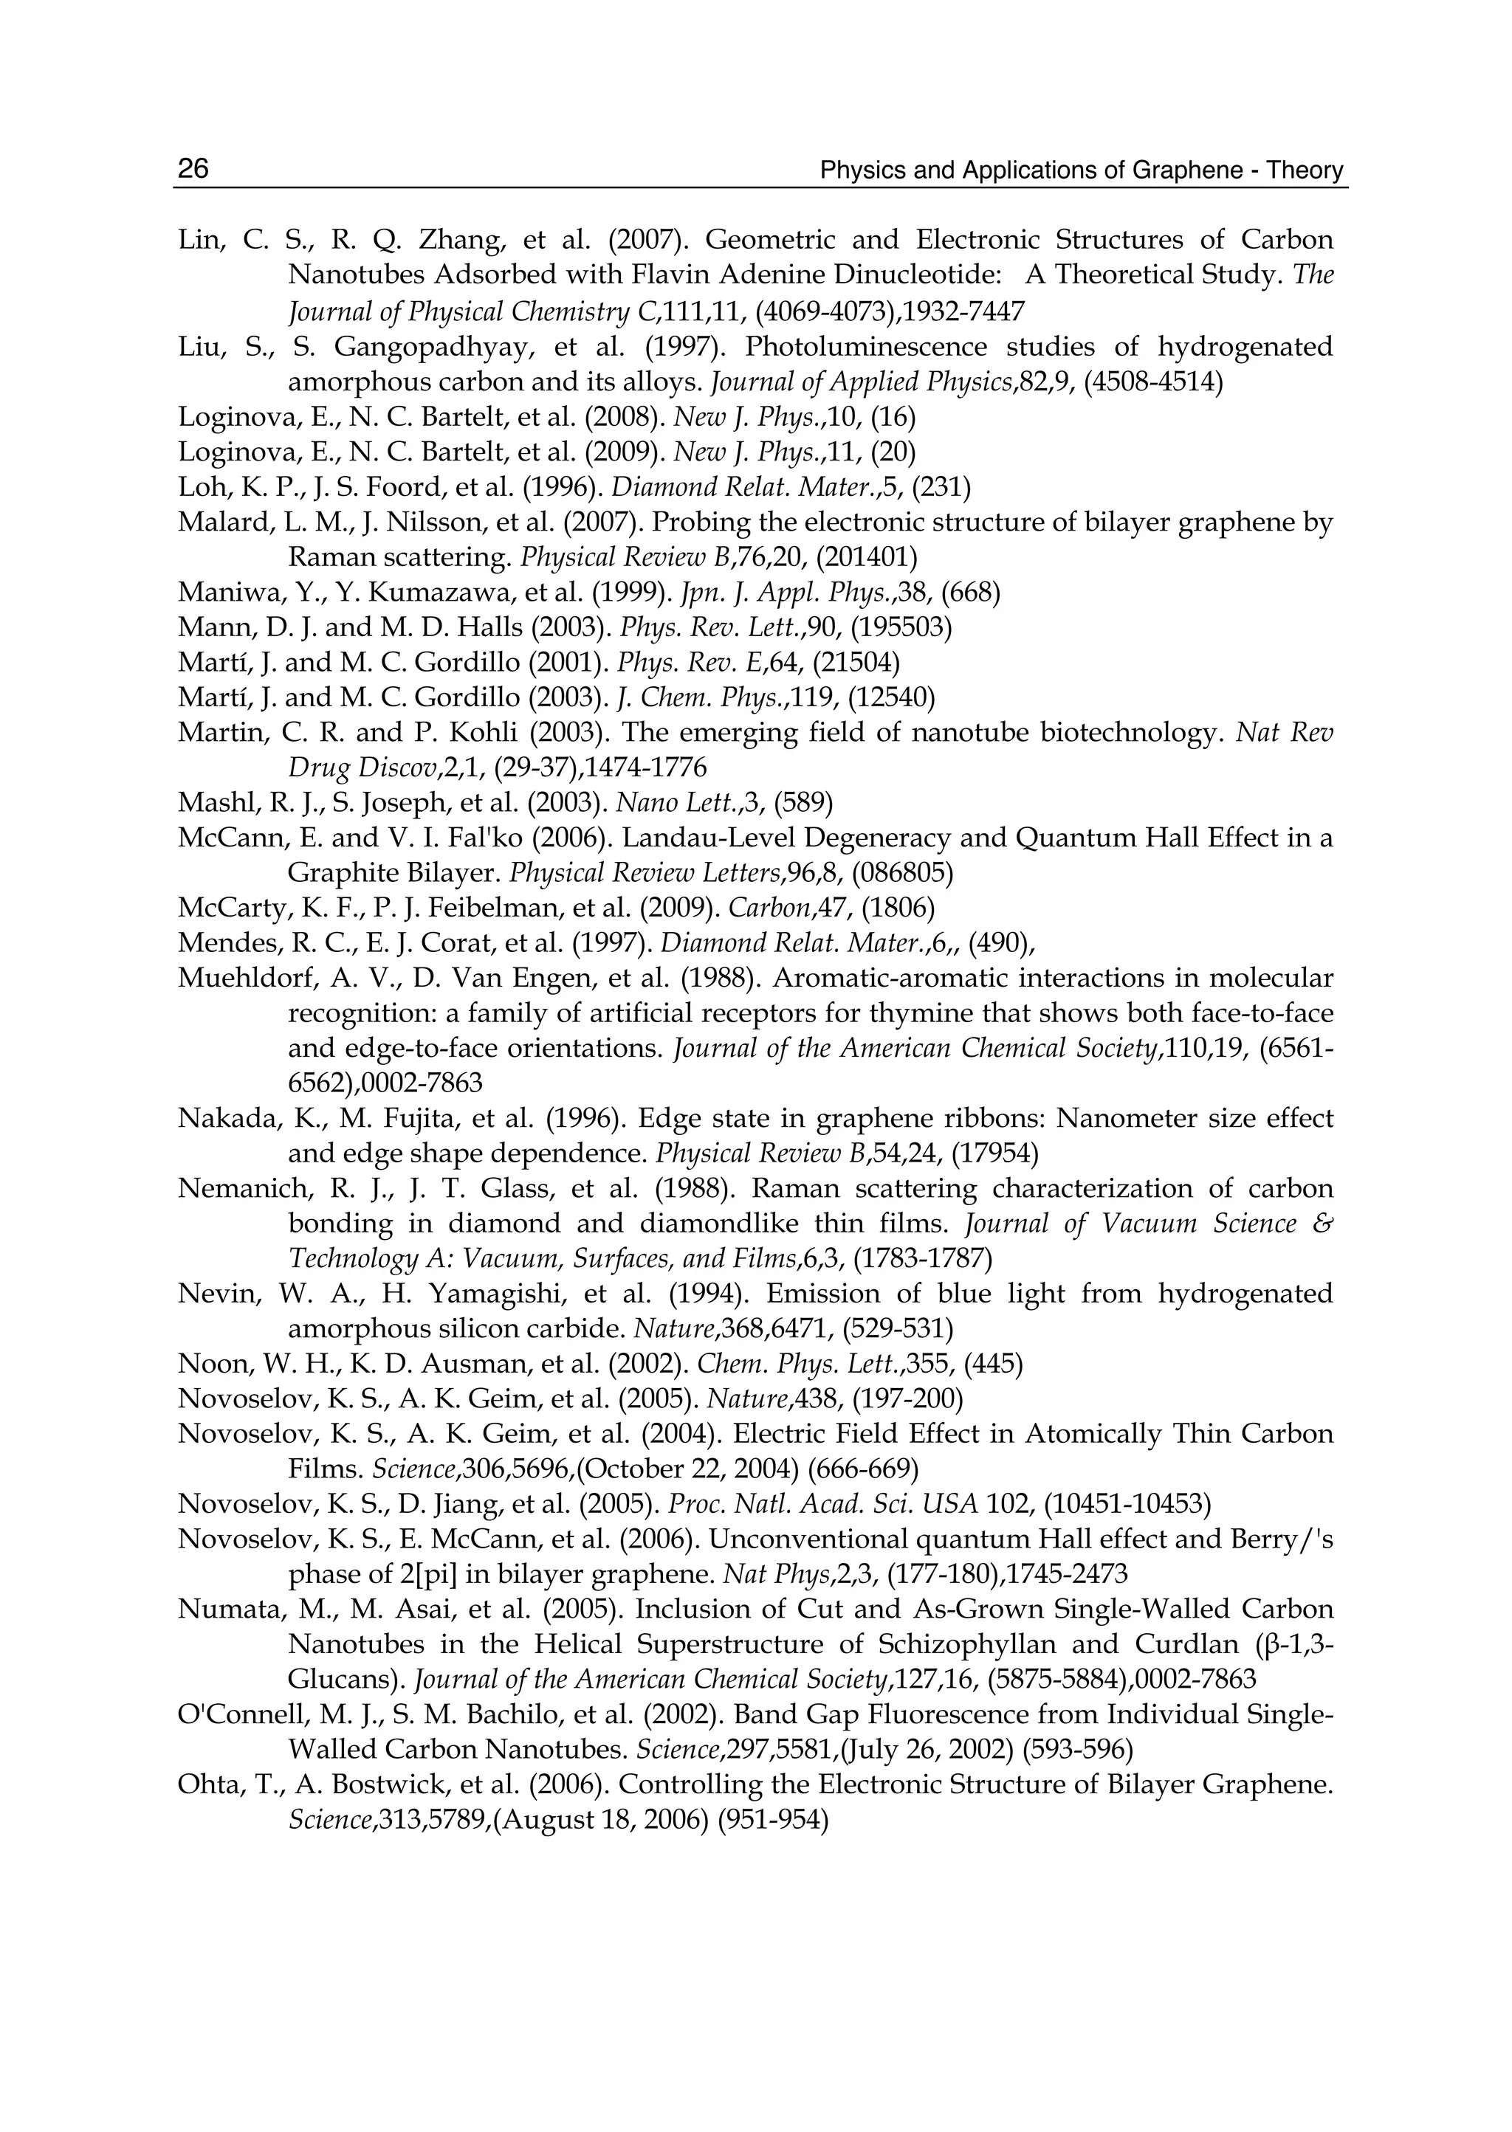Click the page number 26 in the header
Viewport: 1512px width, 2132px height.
pos(193,168)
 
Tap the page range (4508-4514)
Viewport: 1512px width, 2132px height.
pos(1152,382)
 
